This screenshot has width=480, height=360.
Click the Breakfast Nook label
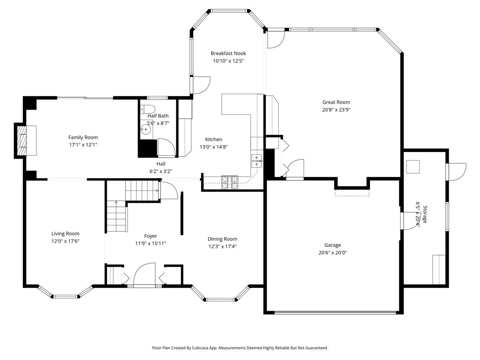tap(228, 53)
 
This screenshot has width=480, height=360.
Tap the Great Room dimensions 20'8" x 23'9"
tap(336, 110)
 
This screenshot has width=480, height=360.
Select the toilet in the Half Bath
tap(148, 109)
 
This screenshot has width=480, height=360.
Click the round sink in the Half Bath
tap(145, 129)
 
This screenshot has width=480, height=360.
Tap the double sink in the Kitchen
tap(257, 161)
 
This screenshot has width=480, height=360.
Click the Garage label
tap(332, 245)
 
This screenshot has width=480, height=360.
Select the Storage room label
tap(425, 214)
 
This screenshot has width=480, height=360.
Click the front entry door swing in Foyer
tap(144, 274)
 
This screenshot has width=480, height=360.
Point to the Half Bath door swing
tap(166, 148)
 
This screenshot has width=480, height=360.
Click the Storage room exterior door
tap(456, 172)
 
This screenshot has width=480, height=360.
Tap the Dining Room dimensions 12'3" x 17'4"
tap(222, 246)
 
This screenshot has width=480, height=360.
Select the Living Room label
tap(65, 234)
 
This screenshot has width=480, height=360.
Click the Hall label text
tap(161, 164)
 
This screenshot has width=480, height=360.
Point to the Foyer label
tap(150, 236)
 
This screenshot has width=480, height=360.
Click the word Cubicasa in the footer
tap(200, 348)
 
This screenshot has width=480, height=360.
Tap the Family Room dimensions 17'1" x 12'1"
tap(83, 145)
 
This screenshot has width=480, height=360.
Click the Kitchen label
tap(214, 139)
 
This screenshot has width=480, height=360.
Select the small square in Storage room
tap(413, 167)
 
